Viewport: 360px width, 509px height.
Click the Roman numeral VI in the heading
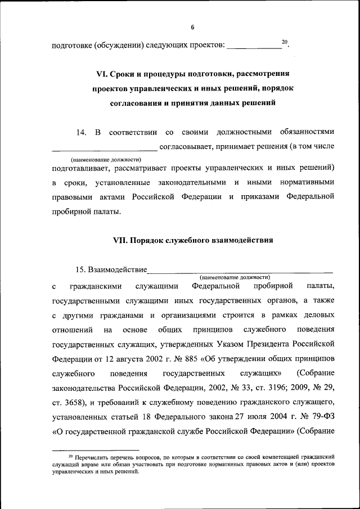click(x=101, y=74)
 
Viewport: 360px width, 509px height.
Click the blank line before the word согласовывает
click(x=105, y=149)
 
